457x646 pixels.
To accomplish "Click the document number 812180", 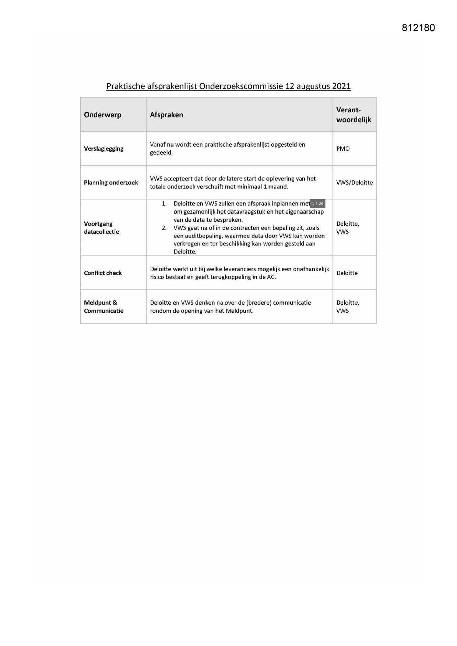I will point(418,28).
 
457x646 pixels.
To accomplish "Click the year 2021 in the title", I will point(341,86).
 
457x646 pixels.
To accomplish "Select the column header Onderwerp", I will point(102,115).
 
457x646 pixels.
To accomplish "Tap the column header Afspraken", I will point(166,115).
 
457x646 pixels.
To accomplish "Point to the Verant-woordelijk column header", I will point(354,115).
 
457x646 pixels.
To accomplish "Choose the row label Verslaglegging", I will point(103,149).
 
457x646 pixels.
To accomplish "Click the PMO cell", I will point(343,149).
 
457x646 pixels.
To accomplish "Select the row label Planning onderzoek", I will point(111,183).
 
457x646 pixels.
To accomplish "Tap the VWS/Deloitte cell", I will point(354,183).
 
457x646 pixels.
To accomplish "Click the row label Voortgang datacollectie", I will point(101,228).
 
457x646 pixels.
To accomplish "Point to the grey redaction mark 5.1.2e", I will point(318,204).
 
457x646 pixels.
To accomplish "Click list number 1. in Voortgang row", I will point(164,204).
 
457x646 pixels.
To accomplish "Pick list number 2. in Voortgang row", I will point(164,228).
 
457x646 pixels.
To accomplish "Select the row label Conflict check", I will point(103,273).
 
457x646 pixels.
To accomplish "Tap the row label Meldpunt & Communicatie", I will point(103,306).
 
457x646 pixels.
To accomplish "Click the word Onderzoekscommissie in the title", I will point(241,86).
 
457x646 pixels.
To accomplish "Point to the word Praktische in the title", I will point(125,86).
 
